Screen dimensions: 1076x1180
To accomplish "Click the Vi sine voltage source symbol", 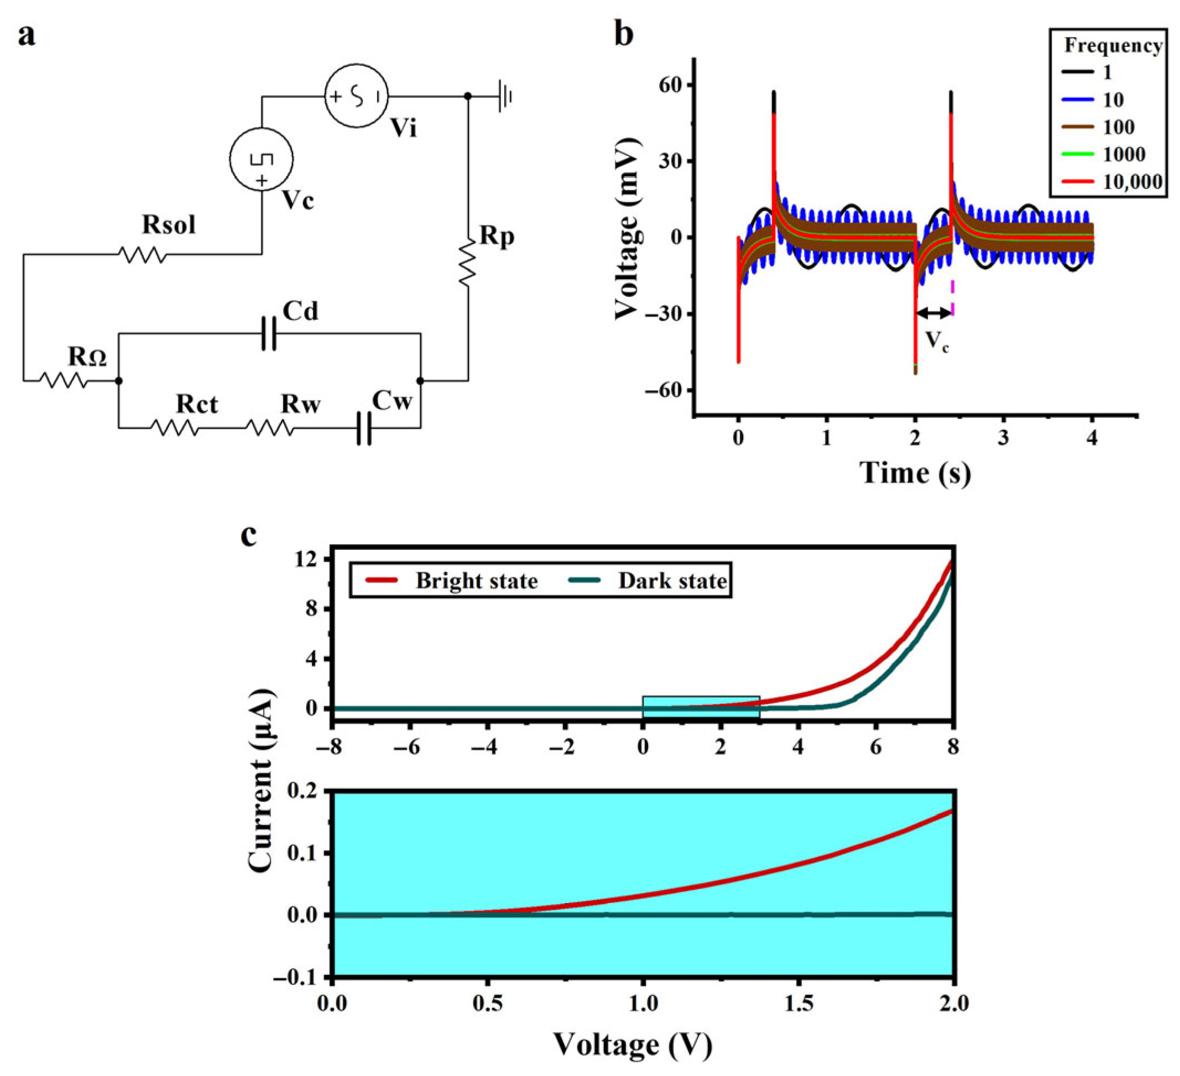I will click(x=357, y=96).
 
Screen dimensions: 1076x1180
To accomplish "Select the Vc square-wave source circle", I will click(x=261, y=159).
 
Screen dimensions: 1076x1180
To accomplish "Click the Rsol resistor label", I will click(x=169, y=225).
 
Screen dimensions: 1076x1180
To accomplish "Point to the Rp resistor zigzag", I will click(x=468, y=262).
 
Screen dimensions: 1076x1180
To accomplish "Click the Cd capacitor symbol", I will click(x=269, y=333).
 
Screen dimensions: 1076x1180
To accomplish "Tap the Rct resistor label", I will click(x=197, y=405).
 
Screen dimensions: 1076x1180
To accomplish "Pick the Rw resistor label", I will click(x=300, y=405).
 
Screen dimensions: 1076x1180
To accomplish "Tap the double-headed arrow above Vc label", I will click(x=933, y=313).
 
